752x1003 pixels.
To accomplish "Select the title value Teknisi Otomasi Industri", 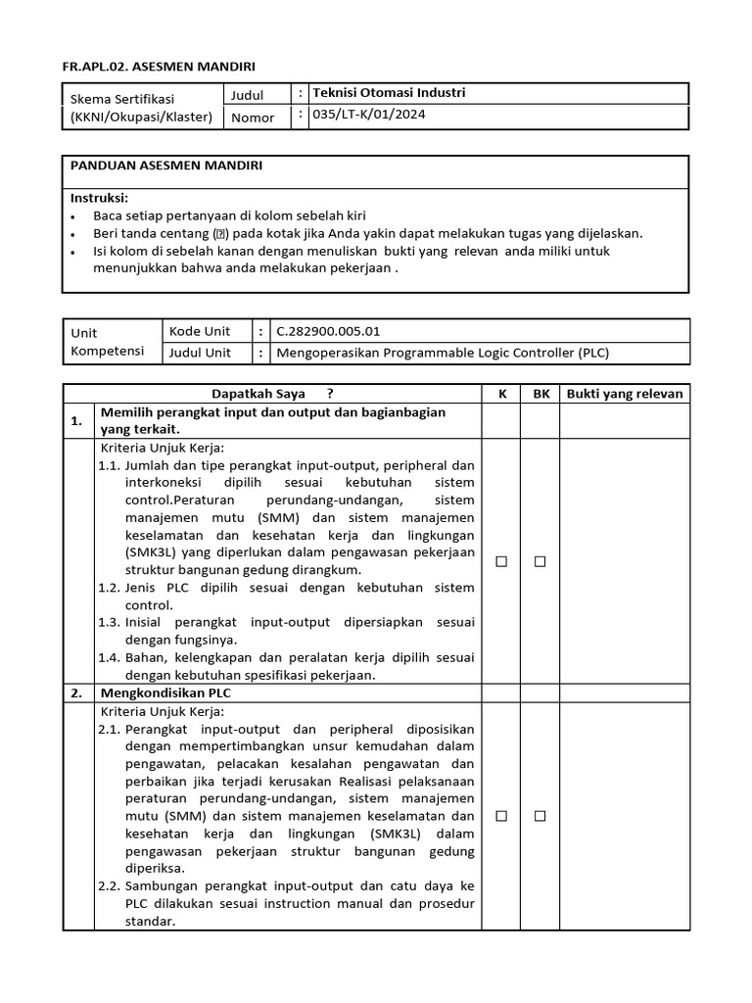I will pyautogui.click(x=388, y=93).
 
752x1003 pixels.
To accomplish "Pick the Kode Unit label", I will pyautogui.click(x=200, y=331).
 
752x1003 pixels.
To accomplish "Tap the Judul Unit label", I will pyautogui.click(x=201, y=353).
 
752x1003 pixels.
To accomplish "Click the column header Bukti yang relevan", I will pyautogui.click(x=625, y=394).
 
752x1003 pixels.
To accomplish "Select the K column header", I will pyautogui.click(x=501, y=394).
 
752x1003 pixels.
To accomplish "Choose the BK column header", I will pyautogui.click(x=540, y=394).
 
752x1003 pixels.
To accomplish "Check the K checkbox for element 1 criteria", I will pyautogui.click(x=501, y=561).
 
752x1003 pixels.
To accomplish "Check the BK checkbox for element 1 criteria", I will pyautogui.click(x=540, y=561).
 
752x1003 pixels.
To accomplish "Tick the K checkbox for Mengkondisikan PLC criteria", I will pyautogui.click(x=501, y=816).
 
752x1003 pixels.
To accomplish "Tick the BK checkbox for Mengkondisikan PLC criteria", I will pyautogui.click(x=540, y=816).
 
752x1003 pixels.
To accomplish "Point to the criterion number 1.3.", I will pyautogui.click(x=109, y=622).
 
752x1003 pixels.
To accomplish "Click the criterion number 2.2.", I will pyautogui.click(x=109, y=886).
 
